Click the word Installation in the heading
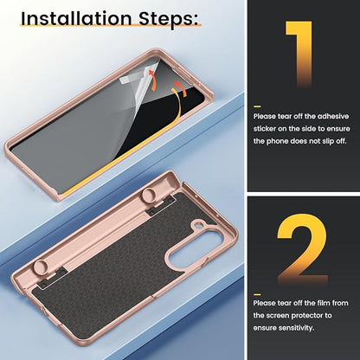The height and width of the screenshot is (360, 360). tap(76, 18)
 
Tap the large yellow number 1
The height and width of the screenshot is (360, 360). tap(300, 55)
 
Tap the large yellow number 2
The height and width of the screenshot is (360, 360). tap(302, 248)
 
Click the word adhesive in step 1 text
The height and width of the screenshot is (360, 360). tap(333, 116)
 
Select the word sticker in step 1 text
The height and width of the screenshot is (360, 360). tap(265, 129)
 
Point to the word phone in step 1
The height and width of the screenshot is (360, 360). tap(277, 141)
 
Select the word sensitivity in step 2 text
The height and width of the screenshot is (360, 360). tap(296, 328)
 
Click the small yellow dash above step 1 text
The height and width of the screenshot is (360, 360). tap(257, 106)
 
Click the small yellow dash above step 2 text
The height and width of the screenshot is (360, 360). tap(257, 294)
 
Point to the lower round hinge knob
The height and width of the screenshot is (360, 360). tap(42, 267)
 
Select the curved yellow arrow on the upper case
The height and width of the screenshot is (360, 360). tap(177, 104)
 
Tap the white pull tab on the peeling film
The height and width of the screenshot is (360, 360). tap(127, 80)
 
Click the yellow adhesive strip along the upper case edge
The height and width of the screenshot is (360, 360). tap(121, 162)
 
